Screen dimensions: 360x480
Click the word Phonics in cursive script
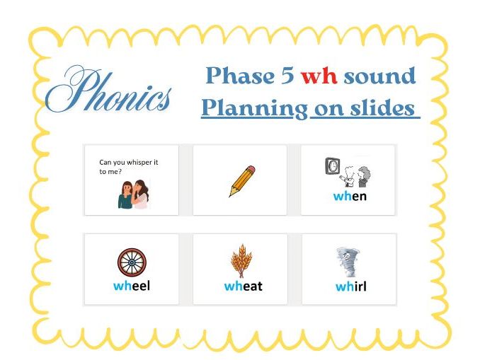coord(109,92)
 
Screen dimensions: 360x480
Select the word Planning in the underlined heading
coord(253,108)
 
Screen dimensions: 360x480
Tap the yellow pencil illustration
coord(241,181)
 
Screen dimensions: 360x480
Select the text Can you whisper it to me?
coord(128,166)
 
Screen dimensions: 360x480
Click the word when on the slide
coord(350,196)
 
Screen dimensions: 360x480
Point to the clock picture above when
coord(331,166)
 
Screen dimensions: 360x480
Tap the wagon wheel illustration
coord(131,262)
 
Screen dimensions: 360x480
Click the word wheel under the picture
coord(132,286)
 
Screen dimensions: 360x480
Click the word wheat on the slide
coord(243,286)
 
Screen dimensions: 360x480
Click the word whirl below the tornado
coord(350,286)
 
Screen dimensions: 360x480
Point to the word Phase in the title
coord(241,76)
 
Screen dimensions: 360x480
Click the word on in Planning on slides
coord(322,108)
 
